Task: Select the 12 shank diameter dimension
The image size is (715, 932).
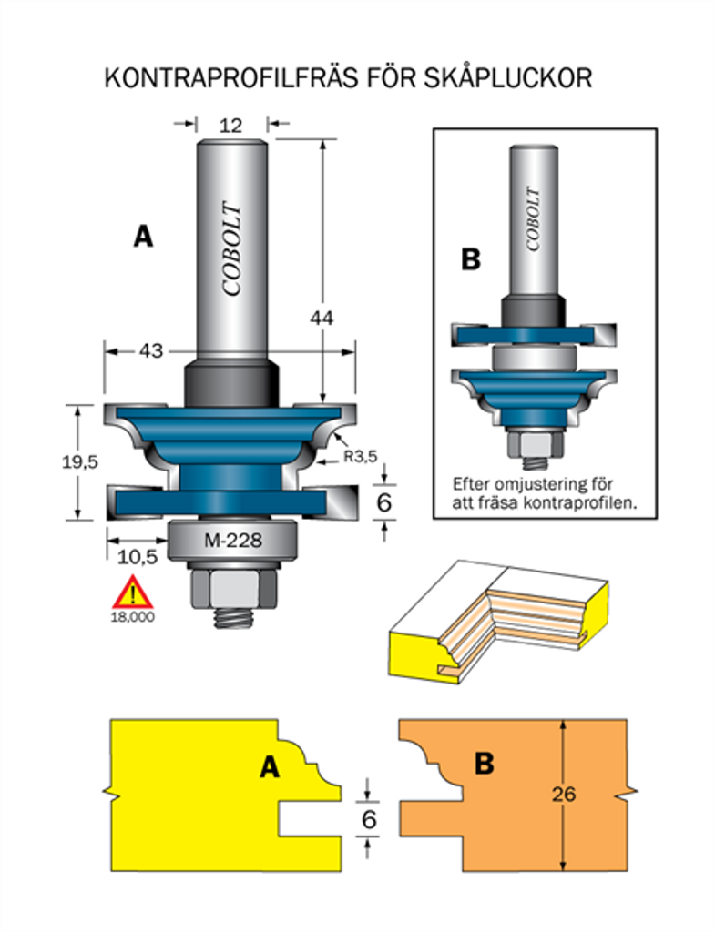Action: (x=231, y=125)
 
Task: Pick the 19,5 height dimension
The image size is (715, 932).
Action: (x=79, y=461)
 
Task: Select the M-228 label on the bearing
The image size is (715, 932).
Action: (x=232, y=541)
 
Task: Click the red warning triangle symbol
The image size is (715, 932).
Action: (x=133, y=593)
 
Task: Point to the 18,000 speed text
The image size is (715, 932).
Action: (x=133, y=616)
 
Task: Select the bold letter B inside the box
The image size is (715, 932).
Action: (x=470, y=259)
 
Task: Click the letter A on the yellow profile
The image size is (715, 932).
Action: (x=268, y=767)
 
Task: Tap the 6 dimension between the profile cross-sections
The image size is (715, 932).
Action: (x=369, y=819)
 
